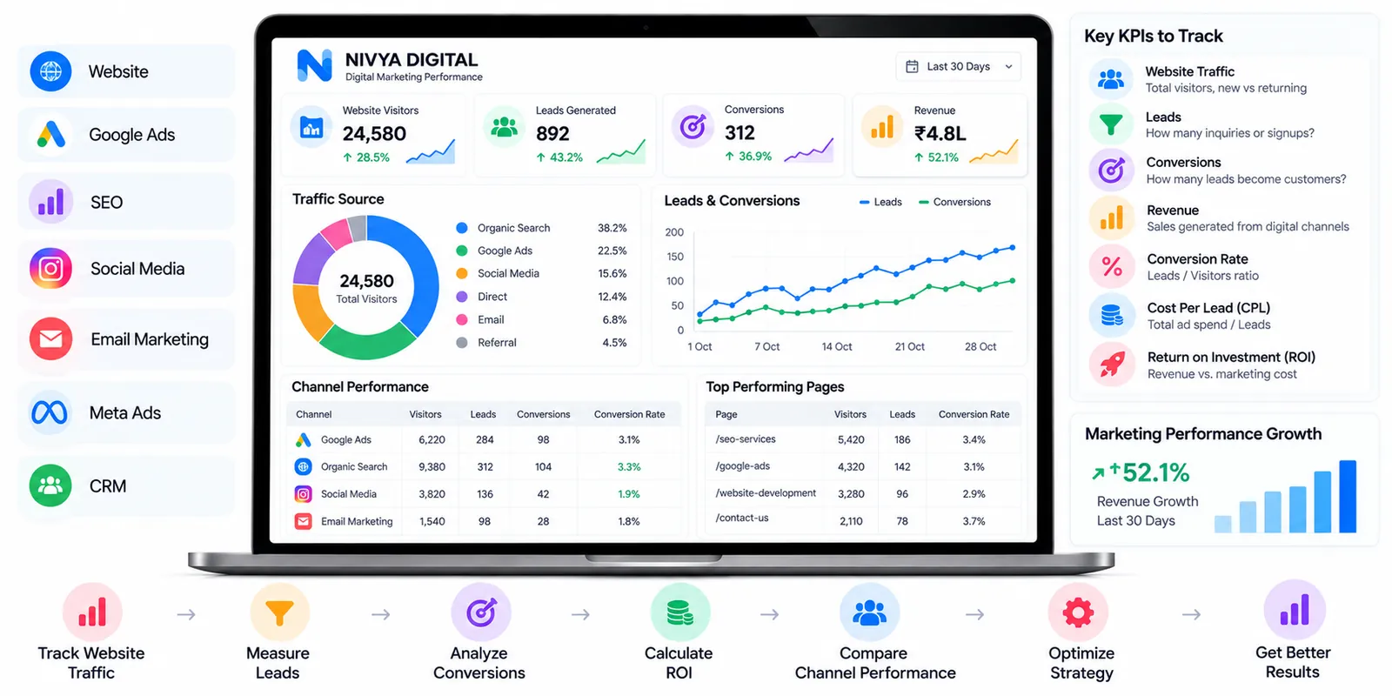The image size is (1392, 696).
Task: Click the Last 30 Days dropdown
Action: (x=959, y=66)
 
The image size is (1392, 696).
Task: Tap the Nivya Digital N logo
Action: (x=314, y=66)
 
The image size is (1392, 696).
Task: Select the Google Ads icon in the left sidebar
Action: (x=51, y=134)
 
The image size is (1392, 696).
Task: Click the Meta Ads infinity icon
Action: (x=50, y=412)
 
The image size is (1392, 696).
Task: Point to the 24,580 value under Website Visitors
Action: (x=374, y=134)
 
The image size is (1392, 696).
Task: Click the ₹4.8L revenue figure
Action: (x=940, y=134)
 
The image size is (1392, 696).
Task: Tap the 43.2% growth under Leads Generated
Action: (x=559, y=157)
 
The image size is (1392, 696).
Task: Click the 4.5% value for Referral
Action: (x=614, y=343)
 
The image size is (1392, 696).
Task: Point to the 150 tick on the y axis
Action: (x=674, y=257)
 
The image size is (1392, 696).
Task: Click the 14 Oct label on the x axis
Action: (x=836, y=347)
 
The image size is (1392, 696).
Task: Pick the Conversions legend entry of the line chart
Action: (x=954, y=202)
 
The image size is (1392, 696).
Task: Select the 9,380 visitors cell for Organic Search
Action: (x=432, y=466)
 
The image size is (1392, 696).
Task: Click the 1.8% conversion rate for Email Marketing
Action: (x=629, y=521)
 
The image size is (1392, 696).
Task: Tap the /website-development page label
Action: (x=766, y=492)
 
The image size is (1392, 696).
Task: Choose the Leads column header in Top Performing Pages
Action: (x=902, y=414)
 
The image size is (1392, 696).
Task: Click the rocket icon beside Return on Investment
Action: (x=1112, y=365)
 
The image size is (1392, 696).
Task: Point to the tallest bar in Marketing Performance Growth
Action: (x=1348, y=496)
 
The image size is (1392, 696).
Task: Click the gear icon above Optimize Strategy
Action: (x=1078, y=612)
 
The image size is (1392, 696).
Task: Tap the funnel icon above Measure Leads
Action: (x=279, y=612)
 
